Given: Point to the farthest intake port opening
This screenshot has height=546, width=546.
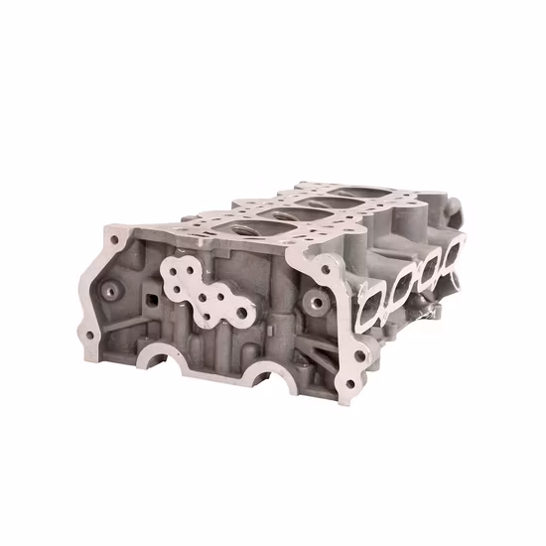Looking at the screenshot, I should click(452, 258).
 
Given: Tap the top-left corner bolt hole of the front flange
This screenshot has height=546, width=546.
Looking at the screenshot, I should click(111, 234).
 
